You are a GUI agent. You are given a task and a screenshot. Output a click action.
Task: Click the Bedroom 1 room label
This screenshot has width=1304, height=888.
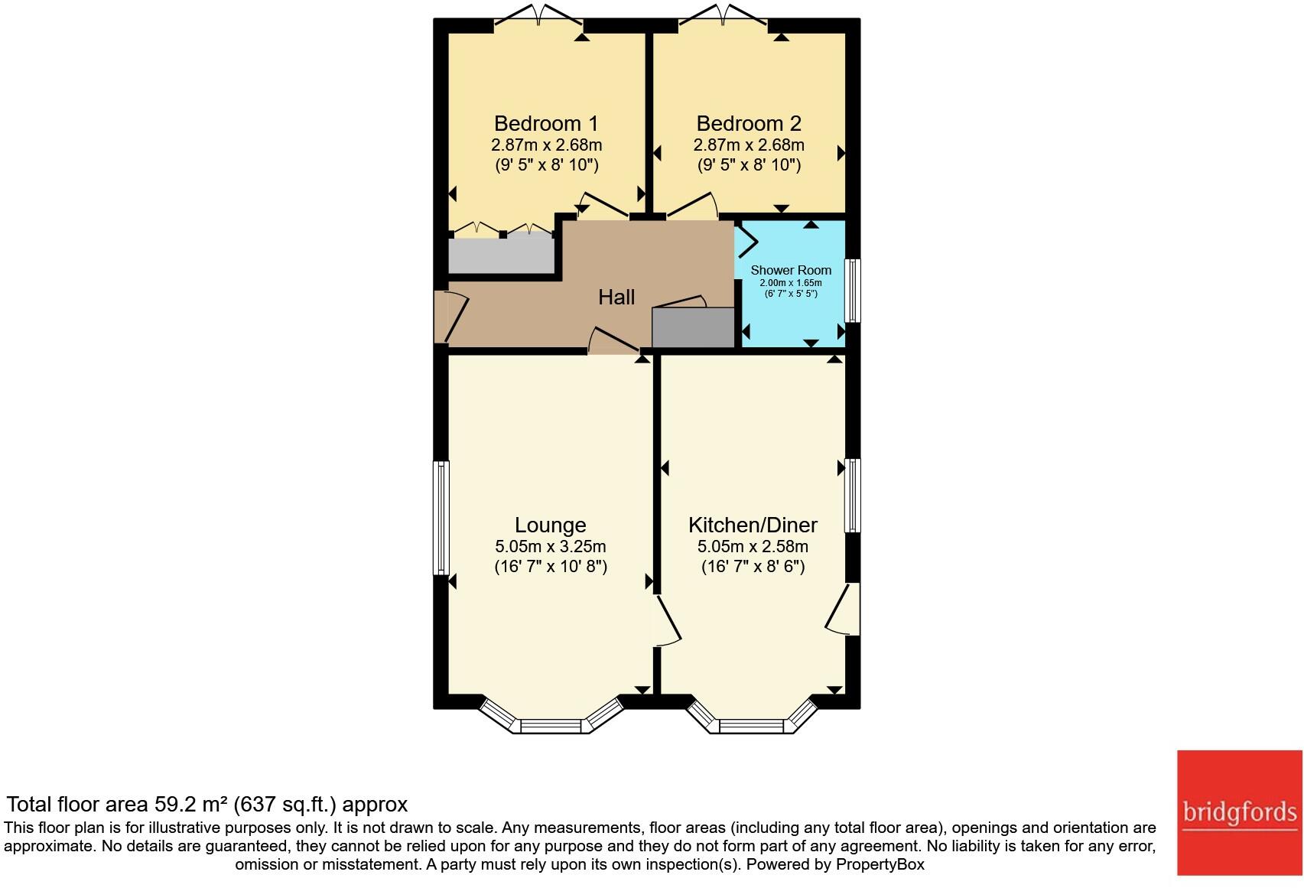(546, 124)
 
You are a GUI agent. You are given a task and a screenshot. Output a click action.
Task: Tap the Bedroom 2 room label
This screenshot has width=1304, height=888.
(749, 124)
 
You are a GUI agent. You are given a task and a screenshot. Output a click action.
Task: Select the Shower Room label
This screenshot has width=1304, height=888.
(791, 270)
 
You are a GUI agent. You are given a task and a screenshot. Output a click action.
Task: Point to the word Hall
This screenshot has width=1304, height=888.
(616, 298)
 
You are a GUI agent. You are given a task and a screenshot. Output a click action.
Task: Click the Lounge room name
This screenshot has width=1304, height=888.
(550, 525)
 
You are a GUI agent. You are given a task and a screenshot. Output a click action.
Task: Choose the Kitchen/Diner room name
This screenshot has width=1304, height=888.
(753, 525)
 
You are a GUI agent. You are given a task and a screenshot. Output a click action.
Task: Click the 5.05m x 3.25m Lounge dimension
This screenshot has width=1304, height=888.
(550, 547)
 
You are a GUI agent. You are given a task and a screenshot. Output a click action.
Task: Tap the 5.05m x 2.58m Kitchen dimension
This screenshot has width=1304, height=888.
(753, 547)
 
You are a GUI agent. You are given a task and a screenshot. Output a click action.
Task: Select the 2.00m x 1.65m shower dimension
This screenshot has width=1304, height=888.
(791, 283)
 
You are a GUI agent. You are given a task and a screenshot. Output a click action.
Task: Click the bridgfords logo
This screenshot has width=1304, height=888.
(1239, 812)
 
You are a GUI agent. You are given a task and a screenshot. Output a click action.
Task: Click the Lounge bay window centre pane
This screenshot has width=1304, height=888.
(552, 725)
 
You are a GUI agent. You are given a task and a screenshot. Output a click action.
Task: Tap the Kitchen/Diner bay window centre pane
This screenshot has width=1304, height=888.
(753, 725)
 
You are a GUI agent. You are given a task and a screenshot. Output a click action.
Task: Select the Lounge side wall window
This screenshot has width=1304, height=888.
(441, 518)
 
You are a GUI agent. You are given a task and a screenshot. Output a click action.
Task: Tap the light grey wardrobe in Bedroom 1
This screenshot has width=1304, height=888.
(500, 255)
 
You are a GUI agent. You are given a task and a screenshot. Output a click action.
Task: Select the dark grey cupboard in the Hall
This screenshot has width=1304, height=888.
(692, 327)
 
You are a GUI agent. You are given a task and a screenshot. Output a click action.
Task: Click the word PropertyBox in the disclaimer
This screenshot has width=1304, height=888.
(880, 865)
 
